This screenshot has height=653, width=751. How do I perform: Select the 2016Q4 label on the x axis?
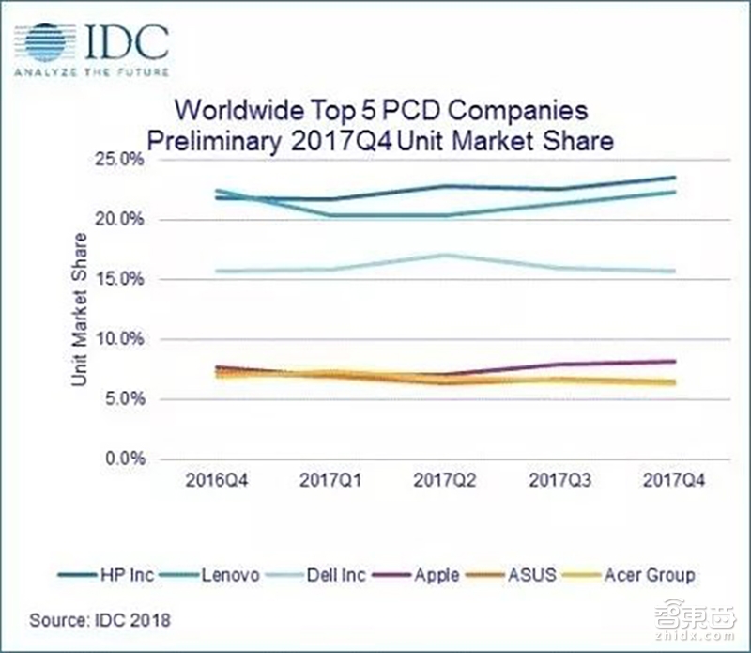[x=218, y=480]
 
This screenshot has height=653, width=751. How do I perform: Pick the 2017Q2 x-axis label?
[x=446, y=480]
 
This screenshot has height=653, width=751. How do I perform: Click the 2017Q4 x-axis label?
[x=674, y=480]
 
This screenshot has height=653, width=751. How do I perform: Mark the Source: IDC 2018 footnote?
[x=100, y=620]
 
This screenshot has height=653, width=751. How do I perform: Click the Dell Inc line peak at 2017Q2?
[x=446, y=255]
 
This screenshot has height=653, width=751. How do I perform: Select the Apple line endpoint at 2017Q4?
[x=674, y=361]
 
